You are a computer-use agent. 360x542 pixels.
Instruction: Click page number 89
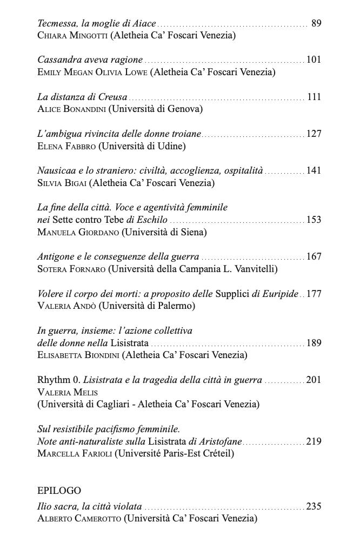pyautogui.click(x=316, y=23)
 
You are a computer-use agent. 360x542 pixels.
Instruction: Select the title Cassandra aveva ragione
pyautogui.click(x=90, y=60)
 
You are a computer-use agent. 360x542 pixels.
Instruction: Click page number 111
pyautogui.click(x=314, y=97)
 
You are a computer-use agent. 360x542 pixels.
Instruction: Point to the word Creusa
pyautogui.click(x=112, y=97)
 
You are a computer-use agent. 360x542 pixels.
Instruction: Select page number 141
pyautogui.click(x=314, y=170)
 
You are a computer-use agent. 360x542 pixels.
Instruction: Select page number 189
pyautogui.click(x=314, y=343)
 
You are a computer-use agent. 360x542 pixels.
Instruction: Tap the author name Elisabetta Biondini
pyautogui.click(x=78, y=355)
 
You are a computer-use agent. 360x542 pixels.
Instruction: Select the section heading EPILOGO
pyautogui.click(x=59, y=491)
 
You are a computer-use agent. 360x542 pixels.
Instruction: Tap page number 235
pyautogui.click(x=314, y=507)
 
